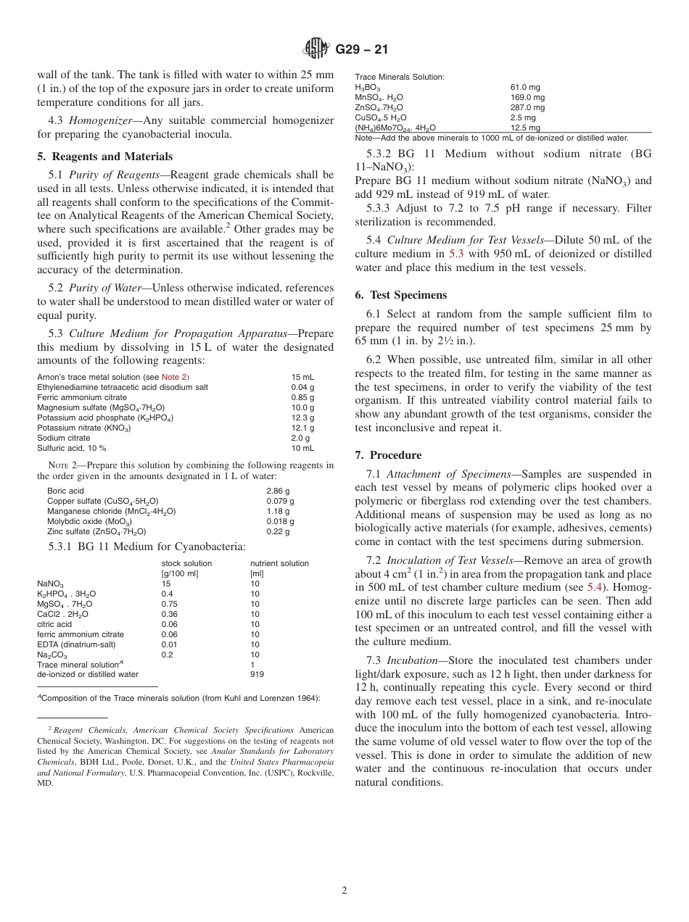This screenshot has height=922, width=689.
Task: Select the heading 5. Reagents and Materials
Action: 104,157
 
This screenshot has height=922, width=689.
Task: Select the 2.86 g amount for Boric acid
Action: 280,491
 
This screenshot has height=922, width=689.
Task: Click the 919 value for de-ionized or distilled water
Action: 257,674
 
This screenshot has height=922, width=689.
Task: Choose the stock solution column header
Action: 186,563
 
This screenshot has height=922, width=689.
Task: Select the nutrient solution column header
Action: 279,563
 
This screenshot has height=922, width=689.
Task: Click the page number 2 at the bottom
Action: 344,891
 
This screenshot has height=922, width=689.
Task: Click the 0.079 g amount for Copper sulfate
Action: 280,501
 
